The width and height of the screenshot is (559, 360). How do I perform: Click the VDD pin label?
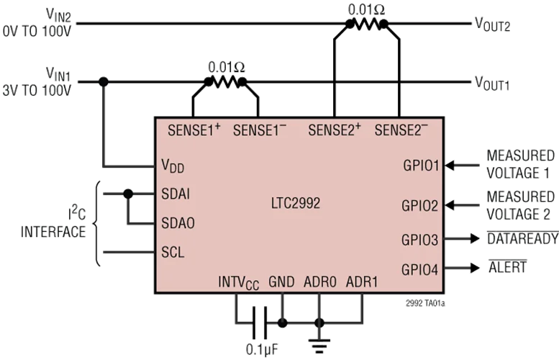[x=172, y=166]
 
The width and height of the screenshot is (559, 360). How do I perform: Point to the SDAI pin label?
[x=175, y=194]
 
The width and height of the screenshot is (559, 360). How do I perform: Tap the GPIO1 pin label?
[x=420, y=166]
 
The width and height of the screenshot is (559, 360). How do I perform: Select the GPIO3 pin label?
[x=420, y=239]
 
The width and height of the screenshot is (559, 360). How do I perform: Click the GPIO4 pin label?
[x=420, y=269]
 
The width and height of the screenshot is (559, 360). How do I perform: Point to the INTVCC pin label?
[x=239, y=282]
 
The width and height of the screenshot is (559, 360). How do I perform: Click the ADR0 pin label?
[x=319, y=281]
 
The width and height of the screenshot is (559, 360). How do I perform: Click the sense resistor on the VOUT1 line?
[x=227, y=82]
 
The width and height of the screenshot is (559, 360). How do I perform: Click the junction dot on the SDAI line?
[x=128, y=194]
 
